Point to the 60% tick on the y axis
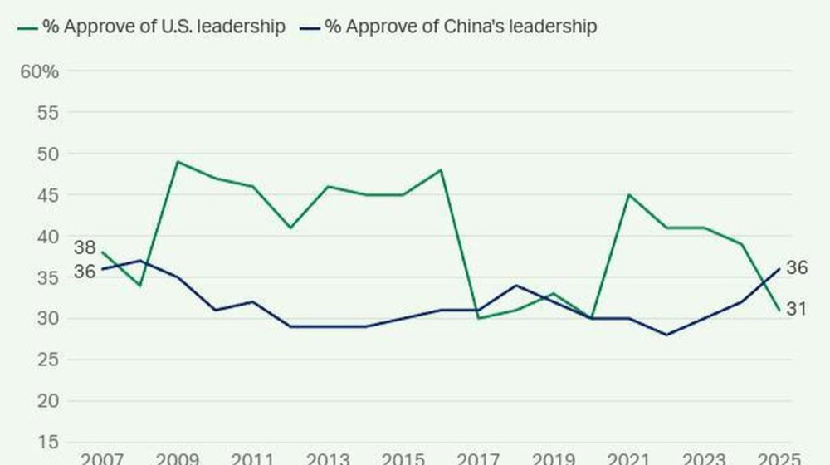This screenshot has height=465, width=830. pos(40,71)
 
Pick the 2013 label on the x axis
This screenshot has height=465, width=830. pos(327,458)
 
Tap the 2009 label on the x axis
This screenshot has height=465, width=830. pos(177,458)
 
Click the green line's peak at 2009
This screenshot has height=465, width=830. pos(178,162)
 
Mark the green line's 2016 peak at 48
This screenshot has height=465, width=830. pos(441,170)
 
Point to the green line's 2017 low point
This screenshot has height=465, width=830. pos(478,318)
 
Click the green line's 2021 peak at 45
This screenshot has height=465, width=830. pos(628,195)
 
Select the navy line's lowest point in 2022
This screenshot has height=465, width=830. pos(666,335)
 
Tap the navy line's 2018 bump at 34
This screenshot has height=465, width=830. pos(516,286)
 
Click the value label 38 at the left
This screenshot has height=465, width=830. pos(85,247)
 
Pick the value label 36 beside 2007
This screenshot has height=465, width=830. pos(85,271)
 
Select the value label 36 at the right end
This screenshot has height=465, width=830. pos(797,268)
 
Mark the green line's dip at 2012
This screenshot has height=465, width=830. pos(290,228)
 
